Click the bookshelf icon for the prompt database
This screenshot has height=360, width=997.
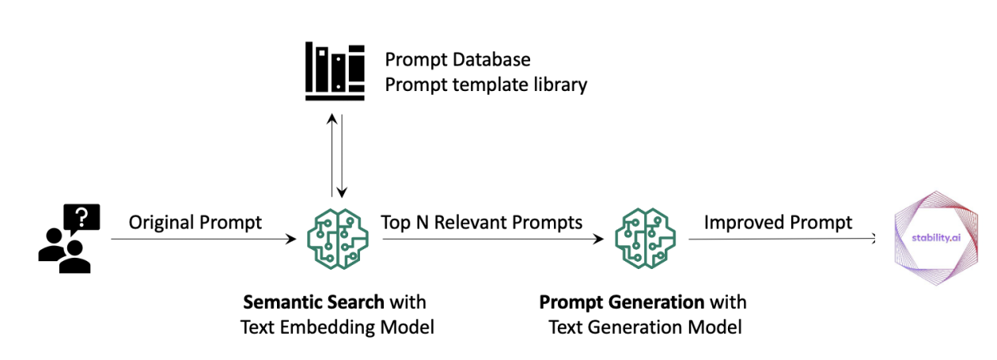335,72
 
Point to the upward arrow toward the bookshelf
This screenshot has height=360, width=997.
332,155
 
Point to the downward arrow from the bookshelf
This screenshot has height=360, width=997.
343,155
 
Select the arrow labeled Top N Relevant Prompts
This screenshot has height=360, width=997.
487,238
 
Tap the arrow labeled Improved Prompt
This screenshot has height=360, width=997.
779,238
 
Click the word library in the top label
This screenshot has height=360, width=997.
559,85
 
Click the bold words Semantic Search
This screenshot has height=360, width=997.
313,302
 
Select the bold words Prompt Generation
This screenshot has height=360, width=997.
622,302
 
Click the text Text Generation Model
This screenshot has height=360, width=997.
645,327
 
